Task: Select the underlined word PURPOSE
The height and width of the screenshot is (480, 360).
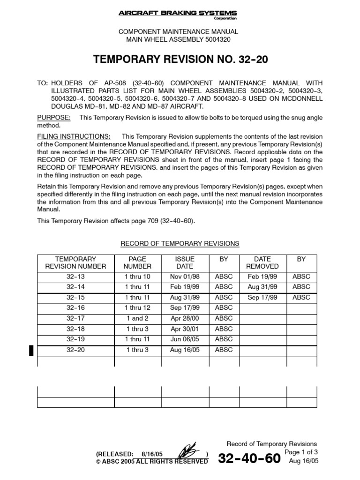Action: pos(54,117)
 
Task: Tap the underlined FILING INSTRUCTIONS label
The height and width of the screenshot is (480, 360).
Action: pos(74,136)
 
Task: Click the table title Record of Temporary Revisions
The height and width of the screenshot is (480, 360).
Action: pos(180,244)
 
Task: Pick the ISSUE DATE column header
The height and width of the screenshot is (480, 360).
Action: pos(185,262)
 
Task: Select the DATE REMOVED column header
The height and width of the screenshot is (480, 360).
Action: pos(262,262)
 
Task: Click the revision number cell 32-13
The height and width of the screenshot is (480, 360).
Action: pos(76,277)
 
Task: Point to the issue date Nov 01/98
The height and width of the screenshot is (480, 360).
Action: pos(185,277)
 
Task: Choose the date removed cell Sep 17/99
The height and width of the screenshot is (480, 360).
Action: pos(262,297)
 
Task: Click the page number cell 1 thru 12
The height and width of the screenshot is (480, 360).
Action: pos(138,307)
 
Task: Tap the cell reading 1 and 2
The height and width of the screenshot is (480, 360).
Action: pos(137,318)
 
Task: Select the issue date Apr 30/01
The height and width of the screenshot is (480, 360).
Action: pos(185,329)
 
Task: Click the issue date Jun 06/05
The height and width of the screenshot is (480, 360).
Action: pos(185,339)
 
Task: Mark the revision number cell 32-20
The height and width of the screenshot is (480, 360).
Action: pos(76,350)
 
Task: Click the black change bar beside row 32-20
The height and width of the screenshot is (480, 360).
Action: pos(31,350)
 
